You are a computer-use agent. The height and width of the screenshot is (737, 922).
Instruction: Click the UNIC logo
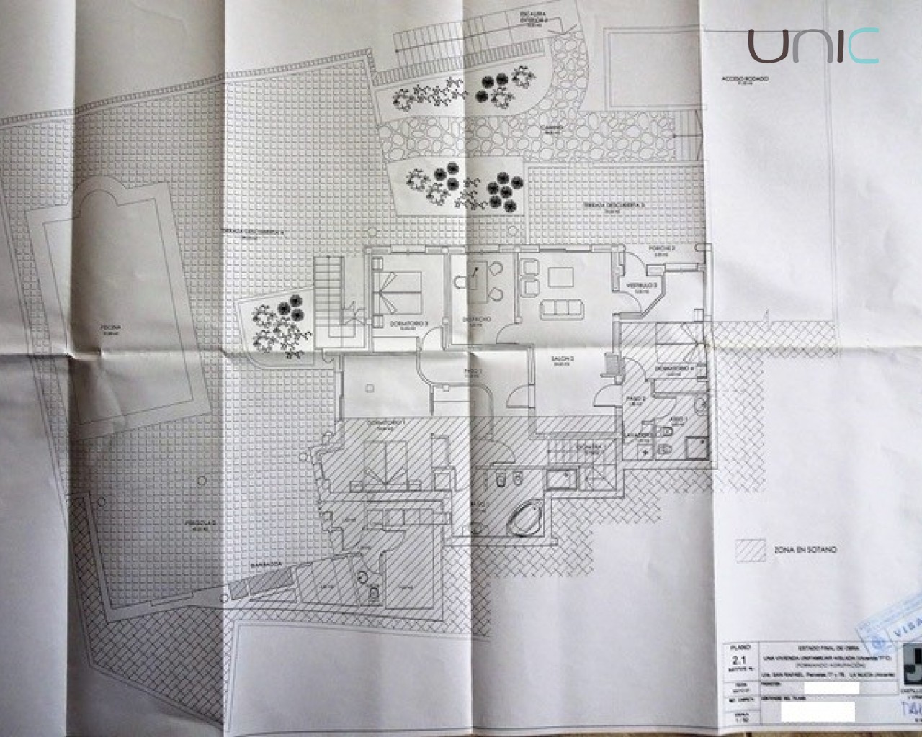click(x=813, y=46)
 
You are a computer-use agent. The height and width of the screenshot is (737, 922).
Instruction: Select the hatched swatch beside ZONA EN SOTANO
click(x=749, y=550)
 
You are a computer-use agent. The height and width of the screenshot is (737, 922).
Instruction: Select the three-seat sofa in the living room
click(x=562, y=308)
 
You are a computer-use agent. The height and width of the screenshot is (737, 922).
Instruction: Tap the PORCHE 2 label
click(x=662, y=249)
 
